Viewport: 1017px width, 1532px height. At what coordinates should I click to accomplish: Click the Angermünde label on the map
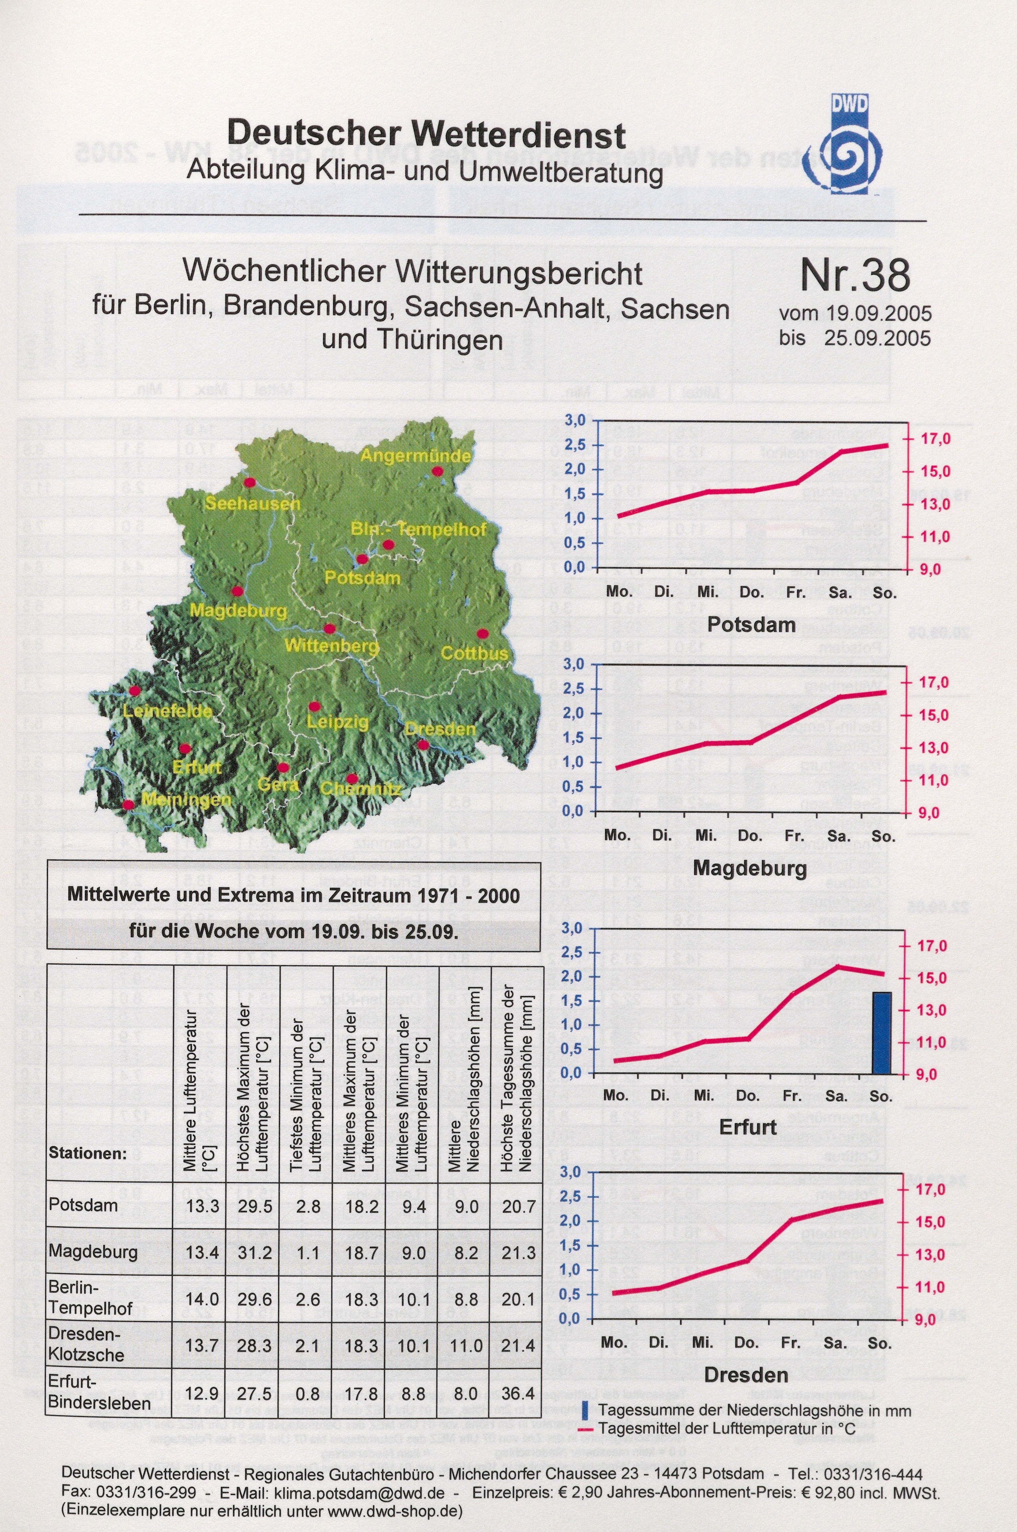click(x=415, y=455)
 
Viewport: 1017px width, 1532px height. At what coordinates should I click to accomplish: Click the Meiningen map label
click(x=186, y=799)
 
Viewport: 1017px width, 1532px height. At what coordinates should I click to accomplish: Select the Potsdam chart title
click(x=751, y=625)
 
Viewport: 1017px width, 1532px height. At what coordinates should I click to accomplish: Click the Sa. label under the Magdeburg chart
click(x=837, y=836)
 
